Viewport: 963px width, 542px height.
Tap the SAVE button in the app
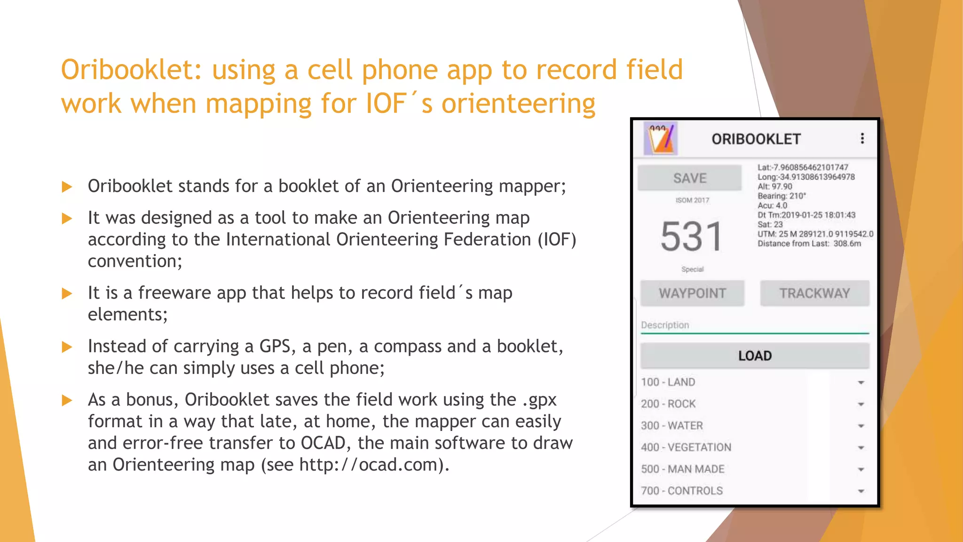coord(689,178)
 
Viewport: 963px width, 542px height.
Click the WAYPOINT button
coord(692,293)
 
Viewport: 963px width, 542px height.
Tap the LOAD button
coord(755,356)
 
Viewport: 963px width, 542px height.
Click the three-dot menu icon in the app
coord(862,138)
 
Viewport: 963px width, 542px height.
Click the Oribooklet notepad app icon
coord(661,139)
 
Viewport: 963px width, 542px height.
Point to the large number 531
coord(691,237)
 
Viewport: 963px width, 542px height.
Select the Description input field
coord(755,326)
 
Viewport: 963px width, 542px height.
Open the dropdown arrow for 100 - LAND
coord(861,383)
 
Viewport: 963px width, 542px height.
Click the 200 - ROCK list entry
coord(668,404)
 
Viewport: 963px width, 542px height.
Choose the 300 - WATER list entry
coord(672,425)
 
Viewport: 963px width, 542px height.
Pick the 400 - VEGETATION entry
coord(686,447)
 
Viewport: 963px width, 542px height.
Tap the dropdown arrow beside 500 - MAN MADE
coord(861,470)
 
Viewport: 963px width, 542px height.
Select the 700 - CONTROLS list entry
coord(682,491)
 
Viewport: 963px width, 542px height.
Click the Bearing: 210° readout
coord(781,196)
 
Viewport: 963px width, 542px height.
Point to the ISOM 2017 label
coord(692,200)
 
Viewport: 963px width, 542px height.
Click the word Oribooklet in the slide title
coord(131,70)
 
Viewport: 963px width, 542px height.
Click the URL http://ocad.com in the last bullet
coord(369,465)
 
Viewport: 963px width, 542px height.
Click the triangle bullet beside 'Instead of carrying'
coord(67,347)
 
